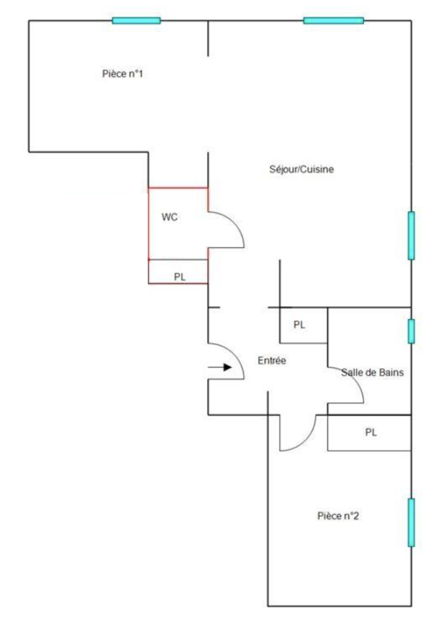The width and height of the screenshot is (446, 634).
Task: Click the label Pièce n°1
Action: point(122,74)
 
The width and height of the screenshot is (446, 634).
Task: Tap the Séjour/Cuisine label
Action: point(301,169)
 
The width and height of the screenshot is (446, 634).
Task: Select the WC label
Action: point(169,217)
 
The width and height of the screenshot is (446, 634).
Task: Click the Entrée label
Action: point(272,361)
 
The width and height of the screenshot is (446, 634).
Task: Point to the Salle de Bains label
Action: point(372,372)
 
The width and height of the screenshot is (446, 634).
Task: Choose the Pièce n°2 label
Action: point(338,516)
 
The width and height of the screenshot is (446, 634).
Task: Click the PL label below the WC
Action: point(180,277)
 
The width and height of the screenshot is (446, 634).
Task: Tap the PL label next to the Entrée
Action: point(299,325)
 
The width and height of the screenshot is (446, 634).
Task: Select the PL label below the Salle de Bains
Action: point(371,432)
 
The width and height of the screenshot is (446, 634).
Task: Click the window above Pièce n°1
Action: point(136,21)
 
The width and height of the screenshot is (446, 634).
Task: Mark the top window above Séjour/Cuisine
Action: point(333,21)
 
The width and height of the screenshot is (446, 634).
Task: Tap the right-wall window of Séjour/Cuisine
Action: point(411,236)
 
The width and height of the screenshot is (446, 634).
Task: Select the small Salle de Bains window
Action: point(411,331)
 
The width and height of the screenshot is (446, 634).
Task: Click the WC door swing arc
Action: point(236,223)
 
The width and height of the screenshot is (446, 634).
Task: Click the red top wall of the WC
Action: point(178,188)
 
